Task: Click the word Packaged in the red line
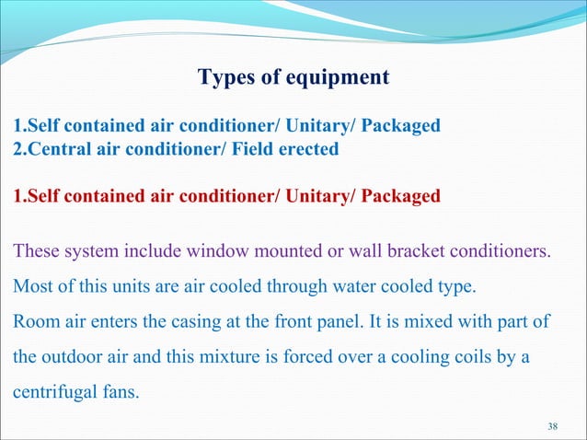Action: [x=397, y=195]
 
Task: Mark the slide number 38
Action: [x=552, y=425]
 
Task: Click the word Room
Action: [x=34, y=321]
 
